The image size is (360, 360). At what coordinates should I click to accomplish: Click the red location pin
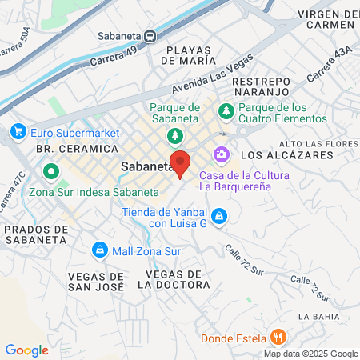(x=181, y=163)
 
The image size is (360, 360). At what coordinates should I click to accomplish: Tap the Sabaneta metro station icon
(x=150, y=36)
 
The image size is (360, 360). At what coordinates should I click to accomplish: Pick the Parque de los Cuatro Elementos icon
(x=226, y=109)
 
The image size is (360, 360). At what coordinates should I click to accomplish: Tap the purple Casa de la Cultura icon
(x=220, y=154)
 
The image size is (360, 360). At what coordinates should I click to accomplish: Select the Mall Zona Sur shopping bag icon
(x=98, y=250)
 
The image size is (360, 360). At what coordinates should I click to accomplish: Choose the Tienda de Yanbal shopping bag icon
(x=219, y=216)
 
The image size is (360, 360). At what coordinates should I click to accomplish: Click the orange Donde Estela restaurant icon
(x=278, y=337)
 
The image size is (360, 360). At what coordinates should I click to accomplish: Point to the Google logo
(x=26, y=350)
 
